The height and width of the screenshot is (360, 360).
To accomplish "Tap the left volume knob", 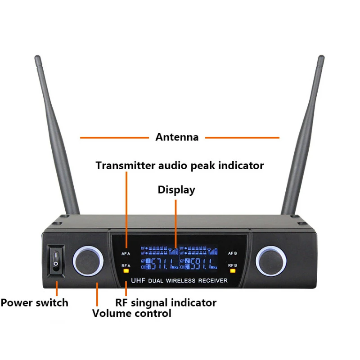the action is click(x=88, y=261).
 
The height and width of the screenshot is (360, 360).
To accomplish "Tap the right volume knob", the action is click(x=270, y=261).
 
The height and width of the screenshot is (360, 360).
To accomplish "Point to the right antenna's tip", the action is click(x=321, y=58).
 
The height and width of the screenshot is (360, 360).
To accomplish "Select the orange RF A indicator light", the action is click(x=126, y=271).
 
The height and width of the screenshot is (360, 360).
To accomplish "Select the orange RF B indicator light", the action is click(x=233, y=271).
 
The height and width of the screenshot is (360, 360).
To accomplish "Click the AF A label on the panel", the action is click(x=126, y=253).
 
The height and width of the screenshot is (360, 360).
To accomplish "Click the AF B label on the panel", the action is click(x=233, y=253).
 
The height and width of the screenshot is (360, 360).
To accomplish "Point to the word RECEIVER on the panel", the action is click(x=212, y=280).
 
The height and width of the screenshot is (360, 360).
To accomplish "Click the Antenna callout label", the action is click(x=177, y=137).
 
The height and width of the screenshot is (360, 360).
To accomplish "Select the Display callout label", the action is click(x=176, y=190).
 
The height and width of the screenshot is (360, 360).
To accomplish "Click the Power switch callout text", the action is click(x=35, y=302).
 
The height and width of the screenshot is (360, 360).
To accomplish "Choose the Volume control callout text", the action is click(x=132, y=313).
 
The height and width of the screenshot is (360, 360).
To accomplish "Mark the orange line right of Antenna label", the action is click(x=243, y=137).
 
